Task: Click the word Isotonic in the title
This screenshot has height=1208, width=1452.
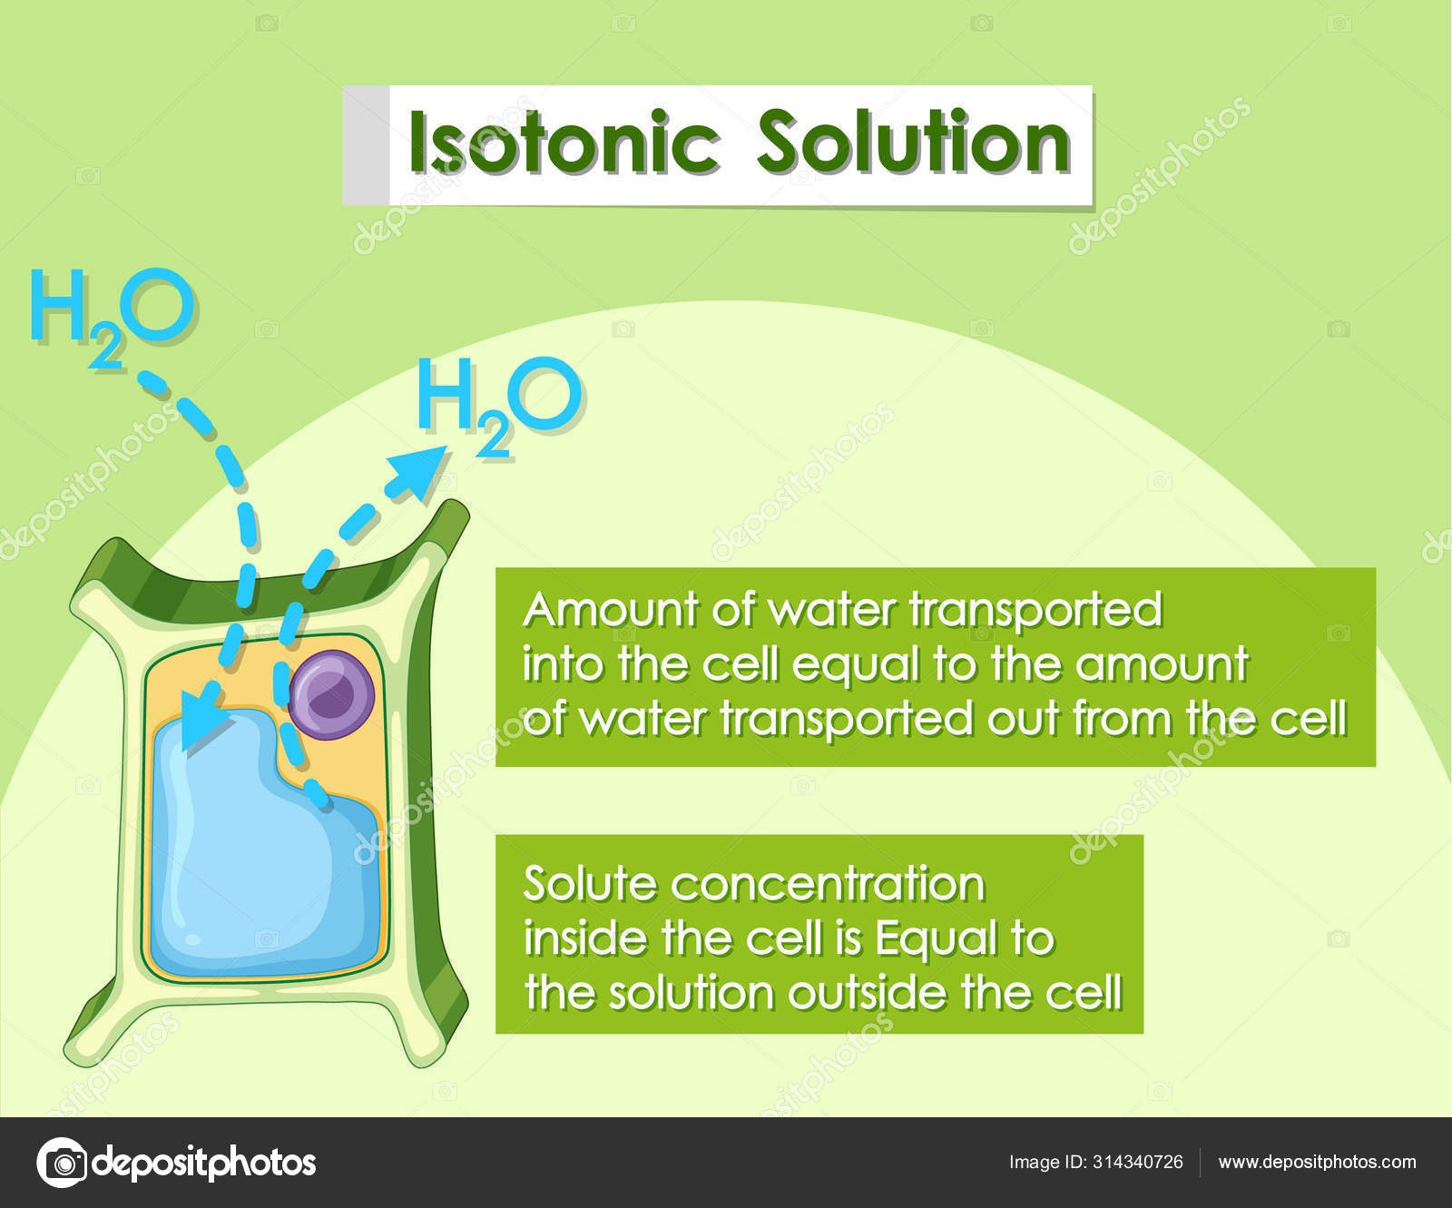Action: coord(564,143)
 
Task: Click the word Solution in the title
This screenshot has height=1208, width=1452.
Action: coord(913,143)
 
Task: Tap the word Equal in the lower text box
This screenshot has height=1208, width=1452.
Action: coord(935,938)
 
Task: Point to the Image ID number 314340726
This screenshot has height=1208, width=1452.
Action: coord(1138,1163)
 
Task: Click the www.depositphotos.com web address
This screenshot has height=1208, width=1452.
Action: coord(1316,1163)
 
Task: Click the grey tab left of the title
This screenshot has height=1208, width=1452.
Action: coord(366,145)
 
